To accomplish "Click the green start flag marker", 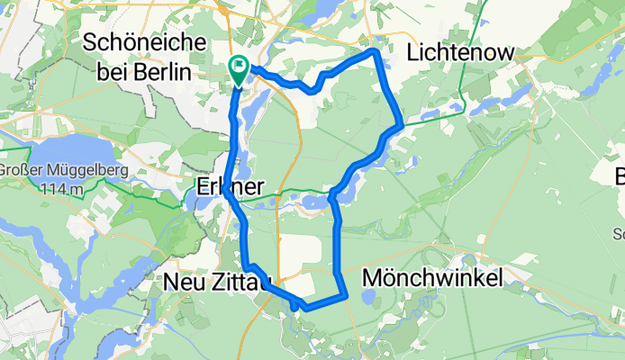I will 240,65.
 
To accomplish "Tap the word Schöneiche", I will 144,42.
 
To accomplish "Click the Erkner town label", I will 230,187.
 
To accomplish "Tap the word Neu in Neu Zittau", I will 184,282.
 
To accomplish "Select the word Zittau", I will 241,282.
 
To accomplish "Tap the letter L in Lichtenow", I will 413,53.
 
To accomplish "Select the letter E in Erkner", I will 203,187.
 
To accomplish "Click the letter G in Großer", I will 5,171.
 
